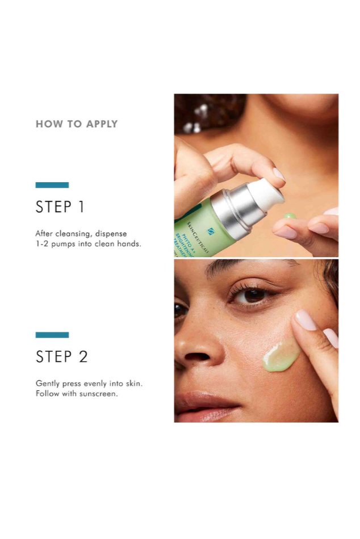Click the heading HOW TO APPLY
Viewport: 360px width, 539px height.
pyautogui.click(x=77, y=124)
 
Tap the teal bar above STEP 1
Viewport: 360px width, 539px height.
pyautogui.click(x=52, y=185)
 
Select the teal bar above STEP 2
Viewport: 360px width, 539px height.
pyautogui.click(x=52, y=335)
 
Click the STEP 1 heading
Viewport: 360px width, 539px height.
pyautogui.click(x=60, y=207)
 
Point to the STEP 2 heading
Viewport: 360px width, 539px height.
pyautogui.click(x=62, y=357)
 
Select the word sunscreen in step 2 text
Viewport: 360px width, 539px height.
pyautogui.click(x=99, y=394)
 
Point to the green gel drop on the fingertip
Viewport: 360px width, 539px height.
pyautogui.click(x=290, y=216)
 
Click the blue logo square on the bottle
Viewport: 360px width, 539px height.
pyautogui.click(x=211, y=231)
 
